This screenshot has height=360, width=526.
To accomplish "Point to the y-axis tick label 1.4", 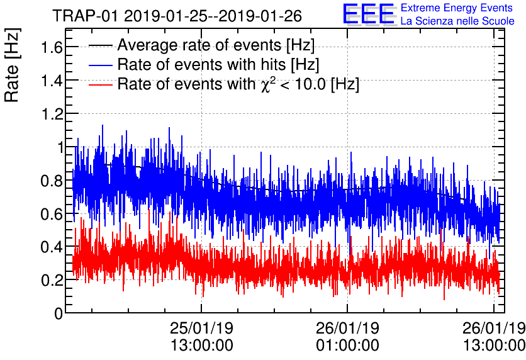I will (x=50, y=81).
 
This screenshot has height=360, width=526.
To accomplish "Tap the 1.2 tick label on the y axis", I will (x=50, y=114).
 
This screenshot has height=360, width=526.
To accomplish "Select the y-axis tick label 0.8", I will (x=50, y=181).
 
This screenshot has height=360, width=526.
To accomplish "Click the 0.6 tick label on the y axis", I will (x=50, y=214).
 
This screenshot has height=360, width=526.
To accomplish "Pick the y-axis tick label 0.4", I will (x=50, y=247).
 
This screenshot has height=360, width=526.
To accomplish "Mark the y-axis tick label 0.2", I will (x=50, y=280).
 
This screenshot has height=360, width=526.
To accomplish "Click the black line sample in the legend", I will (x=101, y=45).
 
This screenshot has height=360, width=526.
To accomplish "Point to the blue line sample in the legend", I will (x=101, y=64).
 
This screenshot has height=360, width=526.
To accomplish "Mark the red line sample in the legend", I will (x=101, y=84).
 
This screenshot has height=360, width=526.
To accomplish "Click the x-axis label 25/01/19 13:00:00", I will (x=201, y=337).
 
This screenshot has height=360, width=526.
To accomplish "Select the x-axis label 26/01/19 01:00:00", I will (x=347, y=337).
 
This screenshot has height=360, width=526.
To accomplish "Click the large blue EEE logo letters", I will (x=369, y=14).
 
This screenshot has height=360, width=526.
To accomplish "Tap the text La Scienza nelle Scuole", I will (x=457, y=21).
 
